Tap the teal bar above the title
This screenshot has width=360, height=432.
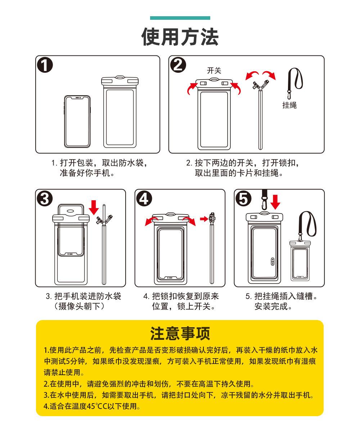[x=180, y=18]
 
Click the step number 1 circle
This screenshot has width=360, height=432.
[x=45, y=66]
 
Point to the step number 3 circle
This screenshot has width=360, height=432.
[x=45, y=199]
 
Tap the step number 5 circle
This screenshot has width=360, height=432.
[x=244, y=199]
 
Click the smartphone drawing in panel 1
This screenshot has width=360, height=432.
[x=77, y=121]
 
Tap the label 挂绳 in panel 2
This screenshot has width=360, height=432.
[x=289, y=105]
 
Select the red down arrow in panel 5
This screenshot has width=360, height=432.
[x=275, y=202]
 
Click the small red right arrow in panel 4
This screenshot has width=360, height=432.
[x=204, y=219]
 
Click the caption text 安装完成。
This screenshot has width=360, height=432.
[x=274, y=307]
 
